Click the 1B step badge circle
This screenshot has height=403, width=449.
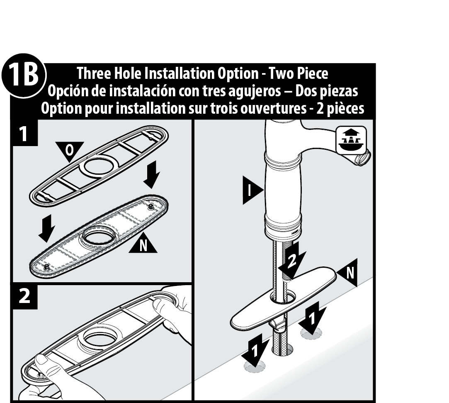(24, 76)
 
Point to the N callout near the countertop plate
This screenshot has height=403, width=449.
(347, 272)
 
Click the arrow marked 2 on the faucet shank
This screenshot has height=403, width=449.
(292, 260)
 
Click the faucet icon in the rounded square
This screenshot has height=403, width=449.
(351, 139)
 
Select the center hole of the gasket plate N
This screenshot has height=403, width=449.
(99, 235)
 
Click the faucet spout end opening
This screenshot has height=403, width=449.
(363, 158)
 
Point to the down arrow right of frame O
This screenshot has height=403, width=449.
(151, 174)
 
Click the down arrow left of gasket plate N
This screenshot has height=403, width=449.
(47, 228)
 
